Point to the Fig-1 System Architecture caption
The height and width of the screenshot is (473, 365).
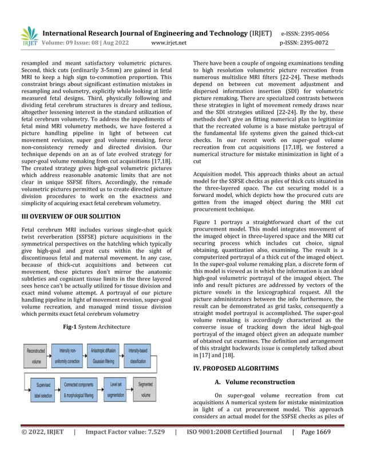(96, 327)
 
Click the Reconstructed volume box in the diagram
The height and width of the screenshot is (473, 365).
(36, 356)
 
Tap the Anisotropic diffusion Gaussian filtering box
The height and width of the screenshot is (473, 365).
(103, 356)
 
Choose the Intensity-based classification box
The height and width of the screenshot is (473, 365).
(141, 356)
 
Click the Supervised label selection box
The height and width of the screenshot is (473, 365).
(44, 390)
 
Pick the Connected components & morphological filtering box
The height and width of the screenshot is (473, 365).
(78, 390)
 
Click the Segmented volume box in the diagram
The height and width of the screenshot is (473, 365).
(146, 390)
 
